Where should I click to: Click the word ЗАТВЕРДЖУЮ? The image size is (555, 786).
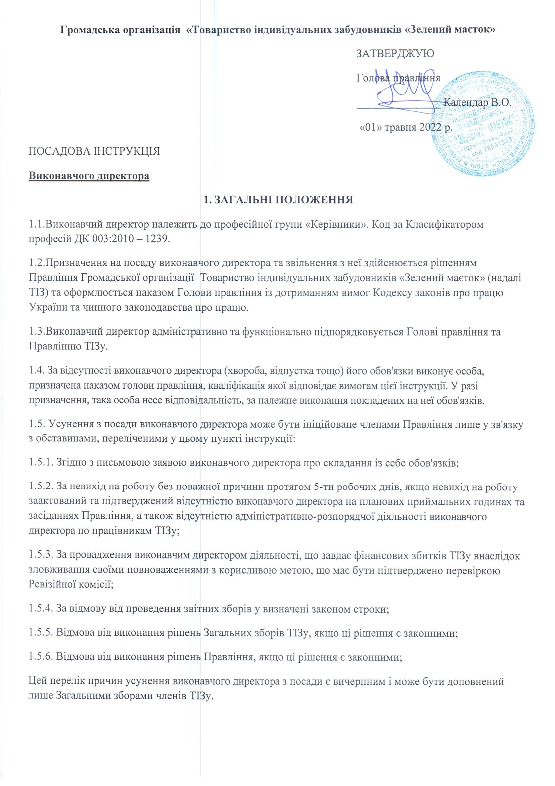pyautogui.click(x=395, y=54)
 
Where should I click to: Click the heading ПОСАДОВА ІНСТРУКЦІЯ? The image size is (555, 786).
pyautogui.click(x=94, y=151)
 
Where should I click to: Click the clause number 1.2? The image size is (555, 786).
pyautogui.click(x=36, y=263)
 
